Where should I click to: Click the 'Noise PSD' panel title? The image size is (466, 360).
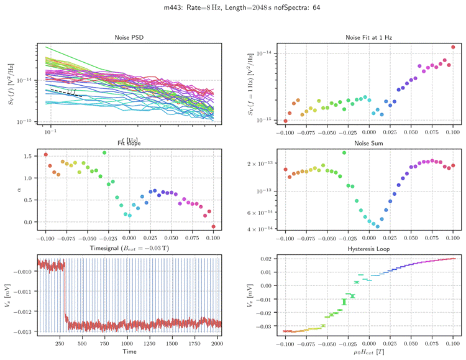pos(129,37)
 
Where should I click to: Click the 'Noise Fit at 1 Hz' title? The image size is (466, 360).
pos(368,37)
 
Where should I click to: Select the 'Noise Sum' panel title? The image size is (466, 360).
pos(368,143)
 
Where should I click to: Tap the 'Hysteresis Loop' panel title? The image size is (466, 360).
pos(368,249)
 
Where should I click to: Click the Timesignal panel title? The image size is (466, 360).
pos(129,249)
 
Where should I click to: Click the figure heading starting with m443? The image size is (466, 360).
pos(232,7)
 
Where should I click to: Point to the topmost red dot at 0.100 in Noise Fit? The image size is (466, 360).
pos(454,47)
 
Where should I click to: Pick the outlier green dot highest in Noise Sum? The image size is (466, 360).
pos(344,153)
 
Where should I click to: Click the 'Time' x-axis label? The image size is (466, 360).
pos(129,351)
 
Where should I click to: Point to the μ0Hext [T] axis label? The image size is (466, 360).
pos(368,353)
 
